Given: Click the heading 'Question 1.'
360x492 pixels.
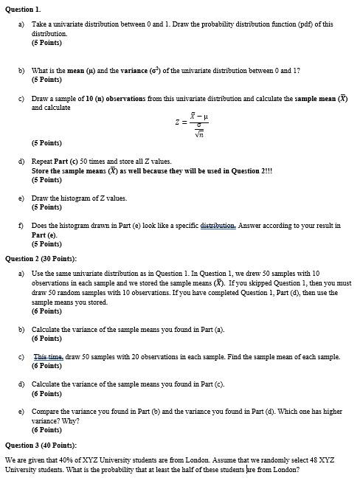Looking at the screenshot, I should (x=22, y=8).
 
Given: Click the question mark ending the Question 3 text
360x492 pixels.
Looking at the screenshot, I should (x=299, y=469).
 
